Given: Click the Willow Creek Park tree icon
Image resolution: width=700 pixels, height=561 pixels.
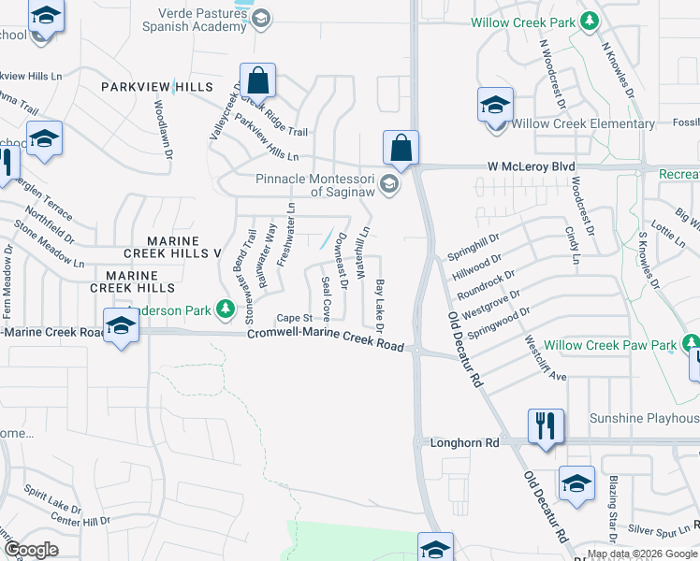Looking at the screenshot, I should tap(589, 21).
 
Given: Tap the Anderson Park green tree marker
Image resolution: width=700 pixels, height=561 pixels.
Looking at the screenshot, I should tap(225, 308).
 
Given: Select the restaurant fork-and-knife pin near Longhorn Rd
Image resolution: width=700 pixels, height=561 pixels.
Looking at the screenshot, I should tap(544, 426).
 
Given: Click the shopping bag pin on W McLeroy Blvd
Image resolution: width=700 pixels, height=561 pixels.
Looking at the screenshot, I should tap(401, 148).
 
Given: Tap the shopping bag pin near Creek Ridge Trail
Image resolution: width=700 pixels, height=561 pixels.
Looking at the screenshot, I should tap(257, 80).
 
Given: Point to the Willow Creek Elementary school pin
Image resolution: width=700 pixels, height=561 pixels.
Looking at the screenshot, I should tap(495, 106).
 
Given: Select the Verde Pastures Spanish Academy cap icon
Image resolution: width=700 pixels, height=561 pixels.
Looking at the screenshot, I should tap(262, 18).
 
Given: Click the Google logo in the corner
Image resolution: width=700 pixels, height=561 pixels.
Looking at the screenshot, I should tap(31, 549).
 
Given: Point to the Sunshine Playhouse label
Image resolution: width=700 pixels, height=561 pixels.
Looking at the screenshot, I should tap(644, 418).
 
